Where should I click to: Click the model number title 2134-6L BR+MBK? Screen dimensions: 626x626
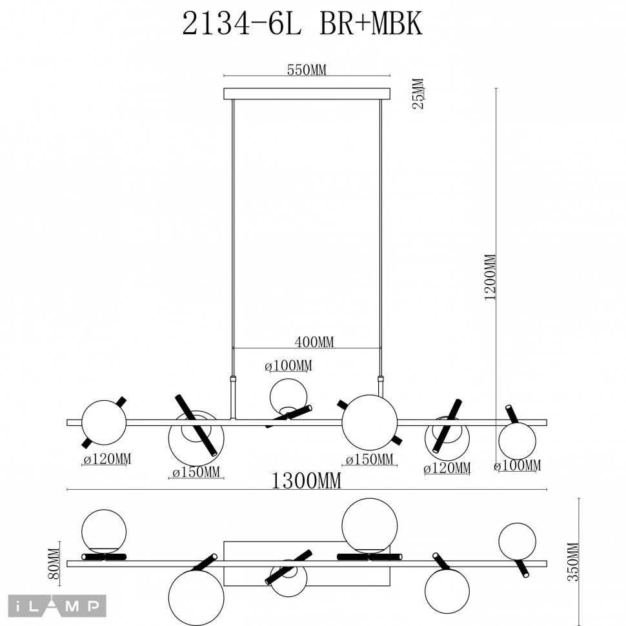tap(303, 25)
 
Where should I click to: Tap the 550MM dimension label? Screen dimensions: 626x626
tap(307, 71)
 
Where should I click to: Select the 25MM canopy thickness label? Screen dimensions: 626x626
tap(418, 94)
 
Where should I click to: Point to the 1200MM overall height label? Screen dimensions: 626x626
tap(490, 277)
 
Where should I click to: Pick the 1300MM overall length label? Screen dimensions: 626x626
tap(307, 481)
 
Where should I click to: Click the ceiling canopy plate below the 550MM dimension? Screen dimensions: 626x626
tap(307, 94)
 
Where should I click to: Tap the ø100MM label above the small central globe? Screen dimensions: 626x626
tap(288, 367)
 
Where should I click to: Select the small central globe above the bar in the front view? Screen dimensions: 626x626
tap(288, 396)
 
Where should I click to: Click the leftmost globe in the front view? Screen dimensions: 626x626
tap(104, 423)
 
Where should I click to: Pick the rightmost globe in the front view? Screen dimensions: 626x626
tap(517, 441)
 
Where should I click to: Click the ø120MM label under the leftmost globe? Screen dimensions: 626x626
tap(107, 459)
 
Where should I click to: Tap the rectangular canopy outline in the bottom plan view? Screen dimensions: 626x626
tap(307, 545)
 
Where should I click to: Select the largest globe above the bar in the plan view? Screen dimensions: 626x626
tap(369, 525)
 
